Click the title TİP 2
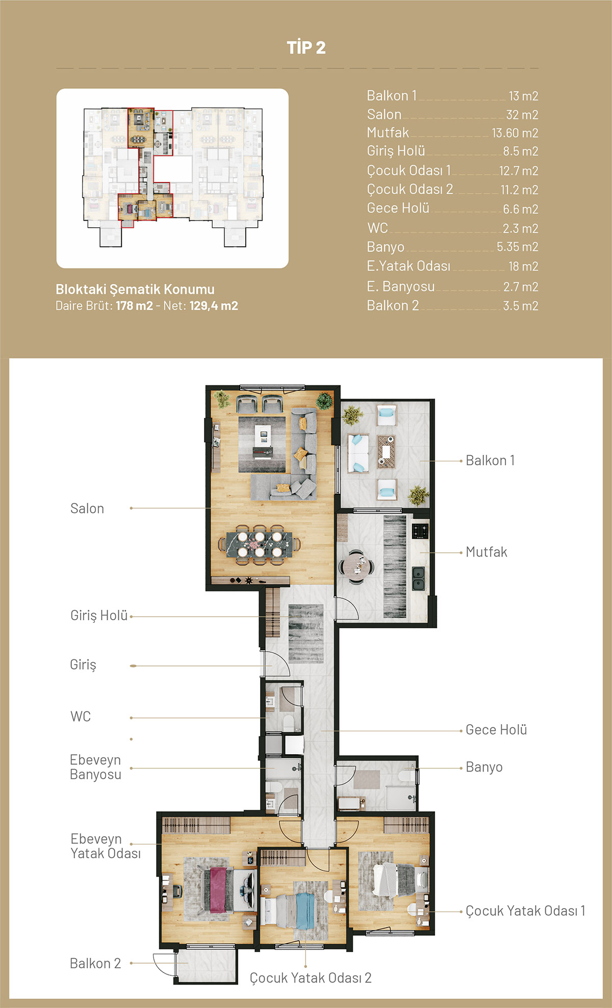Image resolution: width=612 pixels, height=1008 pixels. (306, 47)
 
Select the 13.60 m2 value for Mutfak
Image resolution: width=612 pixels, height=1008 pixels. (515, 133)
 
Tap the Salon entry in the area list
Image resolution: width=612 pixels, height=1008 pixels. (384, 115)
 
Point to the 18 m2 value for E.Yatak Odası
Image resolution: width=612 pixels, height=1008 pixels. (523, 266)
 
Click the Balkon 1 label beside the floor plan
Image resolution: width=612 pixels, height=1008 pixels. (490, 461)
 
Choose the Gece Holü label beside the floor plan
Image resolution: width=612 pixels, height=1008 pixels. (496, 730)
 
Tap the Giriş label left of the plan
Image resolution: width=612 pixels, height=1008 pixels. (83, 665)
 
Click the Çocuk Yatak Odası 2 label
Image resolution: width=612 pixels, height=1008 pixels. (311, 978)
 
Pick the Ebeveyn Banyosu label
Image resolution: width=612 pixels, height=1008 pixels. (95, 767)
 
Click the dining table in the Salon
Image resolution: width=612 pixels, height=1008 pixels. (260, 544)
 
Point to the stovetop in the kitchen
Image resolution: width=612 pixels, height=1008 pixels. (420, 530)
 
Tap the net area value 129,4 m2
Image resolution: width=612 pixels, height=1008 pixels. (214, 306)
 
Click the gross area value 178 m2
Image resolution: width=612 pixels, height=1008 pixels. (134, 306)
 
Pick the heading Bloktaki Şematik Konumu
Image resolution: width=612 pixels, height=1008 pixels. (135, 289)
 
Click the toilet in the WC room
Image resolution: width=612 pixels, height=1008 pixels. (288, 723)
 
